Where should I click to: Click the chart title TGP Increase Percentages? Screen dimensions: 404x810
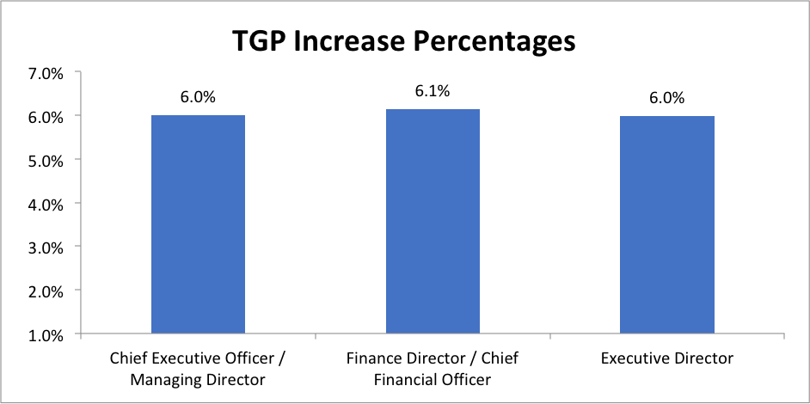coord(403,40)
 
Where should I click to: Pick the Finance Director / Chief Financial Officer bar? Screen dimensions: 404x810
coord(433,221)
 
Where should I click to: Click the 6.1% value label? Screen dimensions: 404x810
coord(433,91)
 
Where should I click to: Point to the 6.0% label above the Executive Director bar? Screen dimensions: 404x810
coord(667,98)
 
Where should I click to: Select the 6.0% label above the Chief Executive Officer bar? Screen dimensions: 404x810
coord(198,97)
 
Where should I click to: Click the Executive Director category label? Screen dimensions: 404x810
coord(667,358)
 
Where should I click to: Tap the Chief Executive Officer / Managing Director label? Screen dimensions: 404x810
coord(198,367)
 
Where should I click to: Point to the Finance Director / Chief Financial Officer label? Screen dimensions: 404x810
coord(433,367)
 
